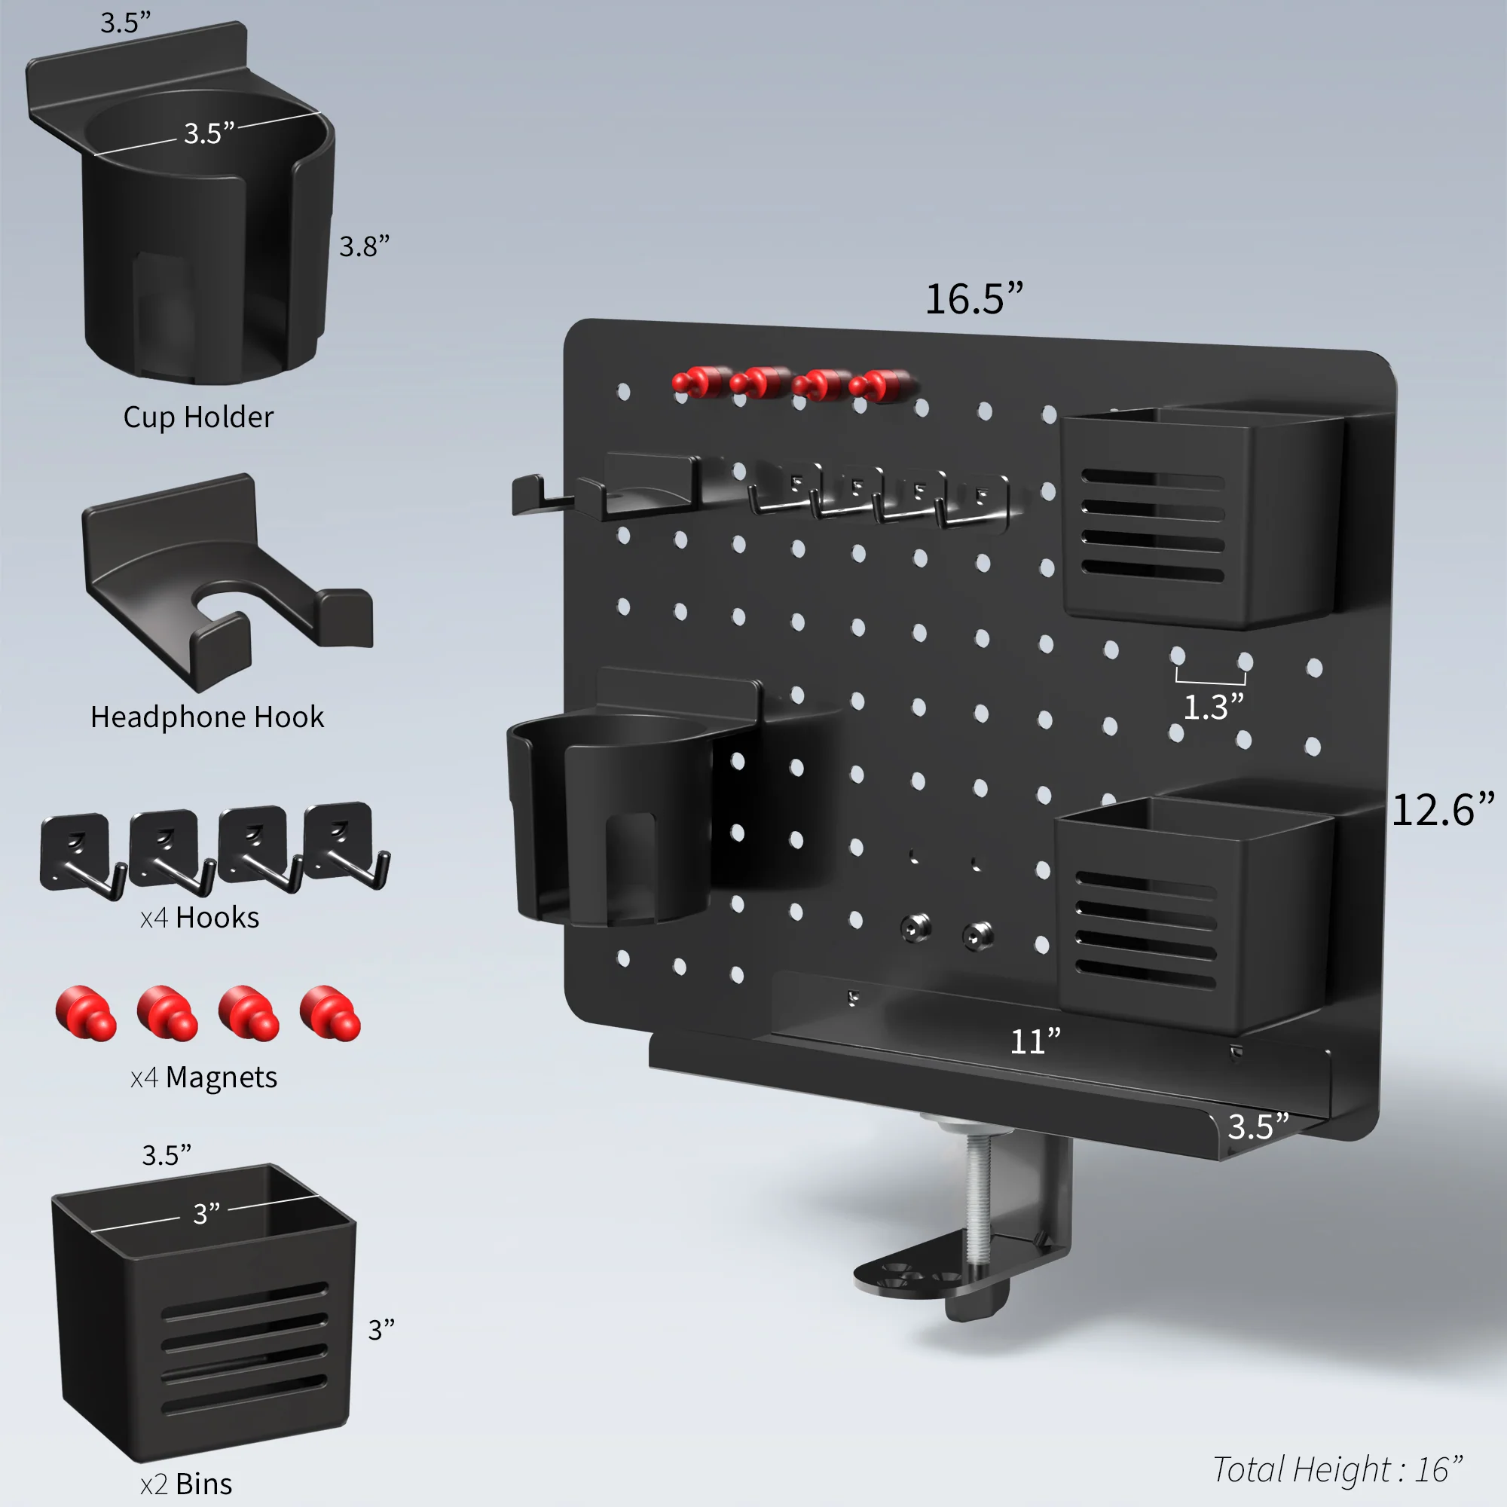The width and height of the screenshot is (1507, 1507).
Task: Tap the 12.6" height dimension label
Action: [x=1442, y=810]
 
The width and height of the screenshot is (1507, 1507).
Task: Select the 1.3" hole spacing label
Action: [x=1213, y=708]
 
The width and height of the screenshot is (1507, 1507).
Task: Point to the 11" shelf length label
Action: [x=1035, y=1041]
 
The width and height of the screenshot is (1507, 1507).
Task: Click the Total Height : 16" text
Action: [x=1336, y=1469]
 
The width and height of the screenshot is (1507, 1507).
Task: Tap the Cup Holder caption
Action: [x=198, y=417]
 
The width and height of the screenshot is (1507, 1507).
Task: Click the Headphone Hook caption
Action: [x=206, y=717]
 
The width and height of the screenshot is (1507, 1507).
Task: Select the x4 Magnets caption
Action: [x=203, y=1078]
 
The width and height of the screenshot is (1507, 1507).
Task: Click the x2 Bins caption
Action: [x=185, y=1483]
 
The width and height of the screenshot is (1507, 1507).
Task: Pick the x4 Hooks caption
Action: [x=200, y=917]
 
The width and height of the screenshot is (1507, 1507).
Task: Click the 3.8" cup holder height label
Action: [x=363, y=246]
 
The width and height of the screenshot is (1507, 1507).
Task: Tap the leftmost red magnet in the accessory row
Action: [x=85, y=1013]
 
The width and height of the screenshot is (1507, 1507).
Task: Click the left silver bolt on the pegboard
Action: [x=915, y=928]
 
